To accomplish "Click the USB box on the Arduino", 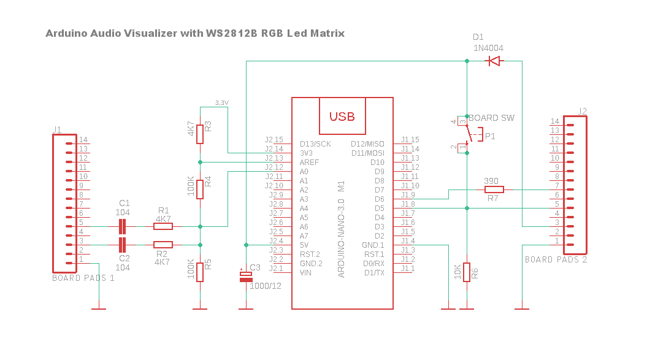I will tap(342, 116).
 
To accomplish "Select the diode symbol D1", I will tap(494, 61).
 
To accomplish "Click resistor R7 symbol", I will tap(494, 190).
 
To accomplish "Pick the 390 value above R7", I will tap(491, 181).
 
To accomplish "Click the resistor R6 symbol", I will tap(467, 272).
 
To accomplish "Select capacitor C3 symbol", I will tap(245, 277).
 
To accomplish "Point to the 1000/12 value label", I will tap(266, 286).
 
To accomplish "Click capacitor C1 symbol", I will tap(123, 226).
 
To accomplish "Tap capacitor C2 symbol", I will tap(123, 245).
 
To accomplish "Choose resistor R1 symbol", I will tap(163, 226).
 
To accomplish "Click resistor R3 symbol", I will tap(200, 132).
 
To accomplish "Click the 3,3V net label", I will tap(222, 102).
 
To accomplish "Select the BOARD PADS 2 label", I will tap(556, 259).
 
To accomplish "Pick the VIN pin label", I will tap(306, 273).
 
